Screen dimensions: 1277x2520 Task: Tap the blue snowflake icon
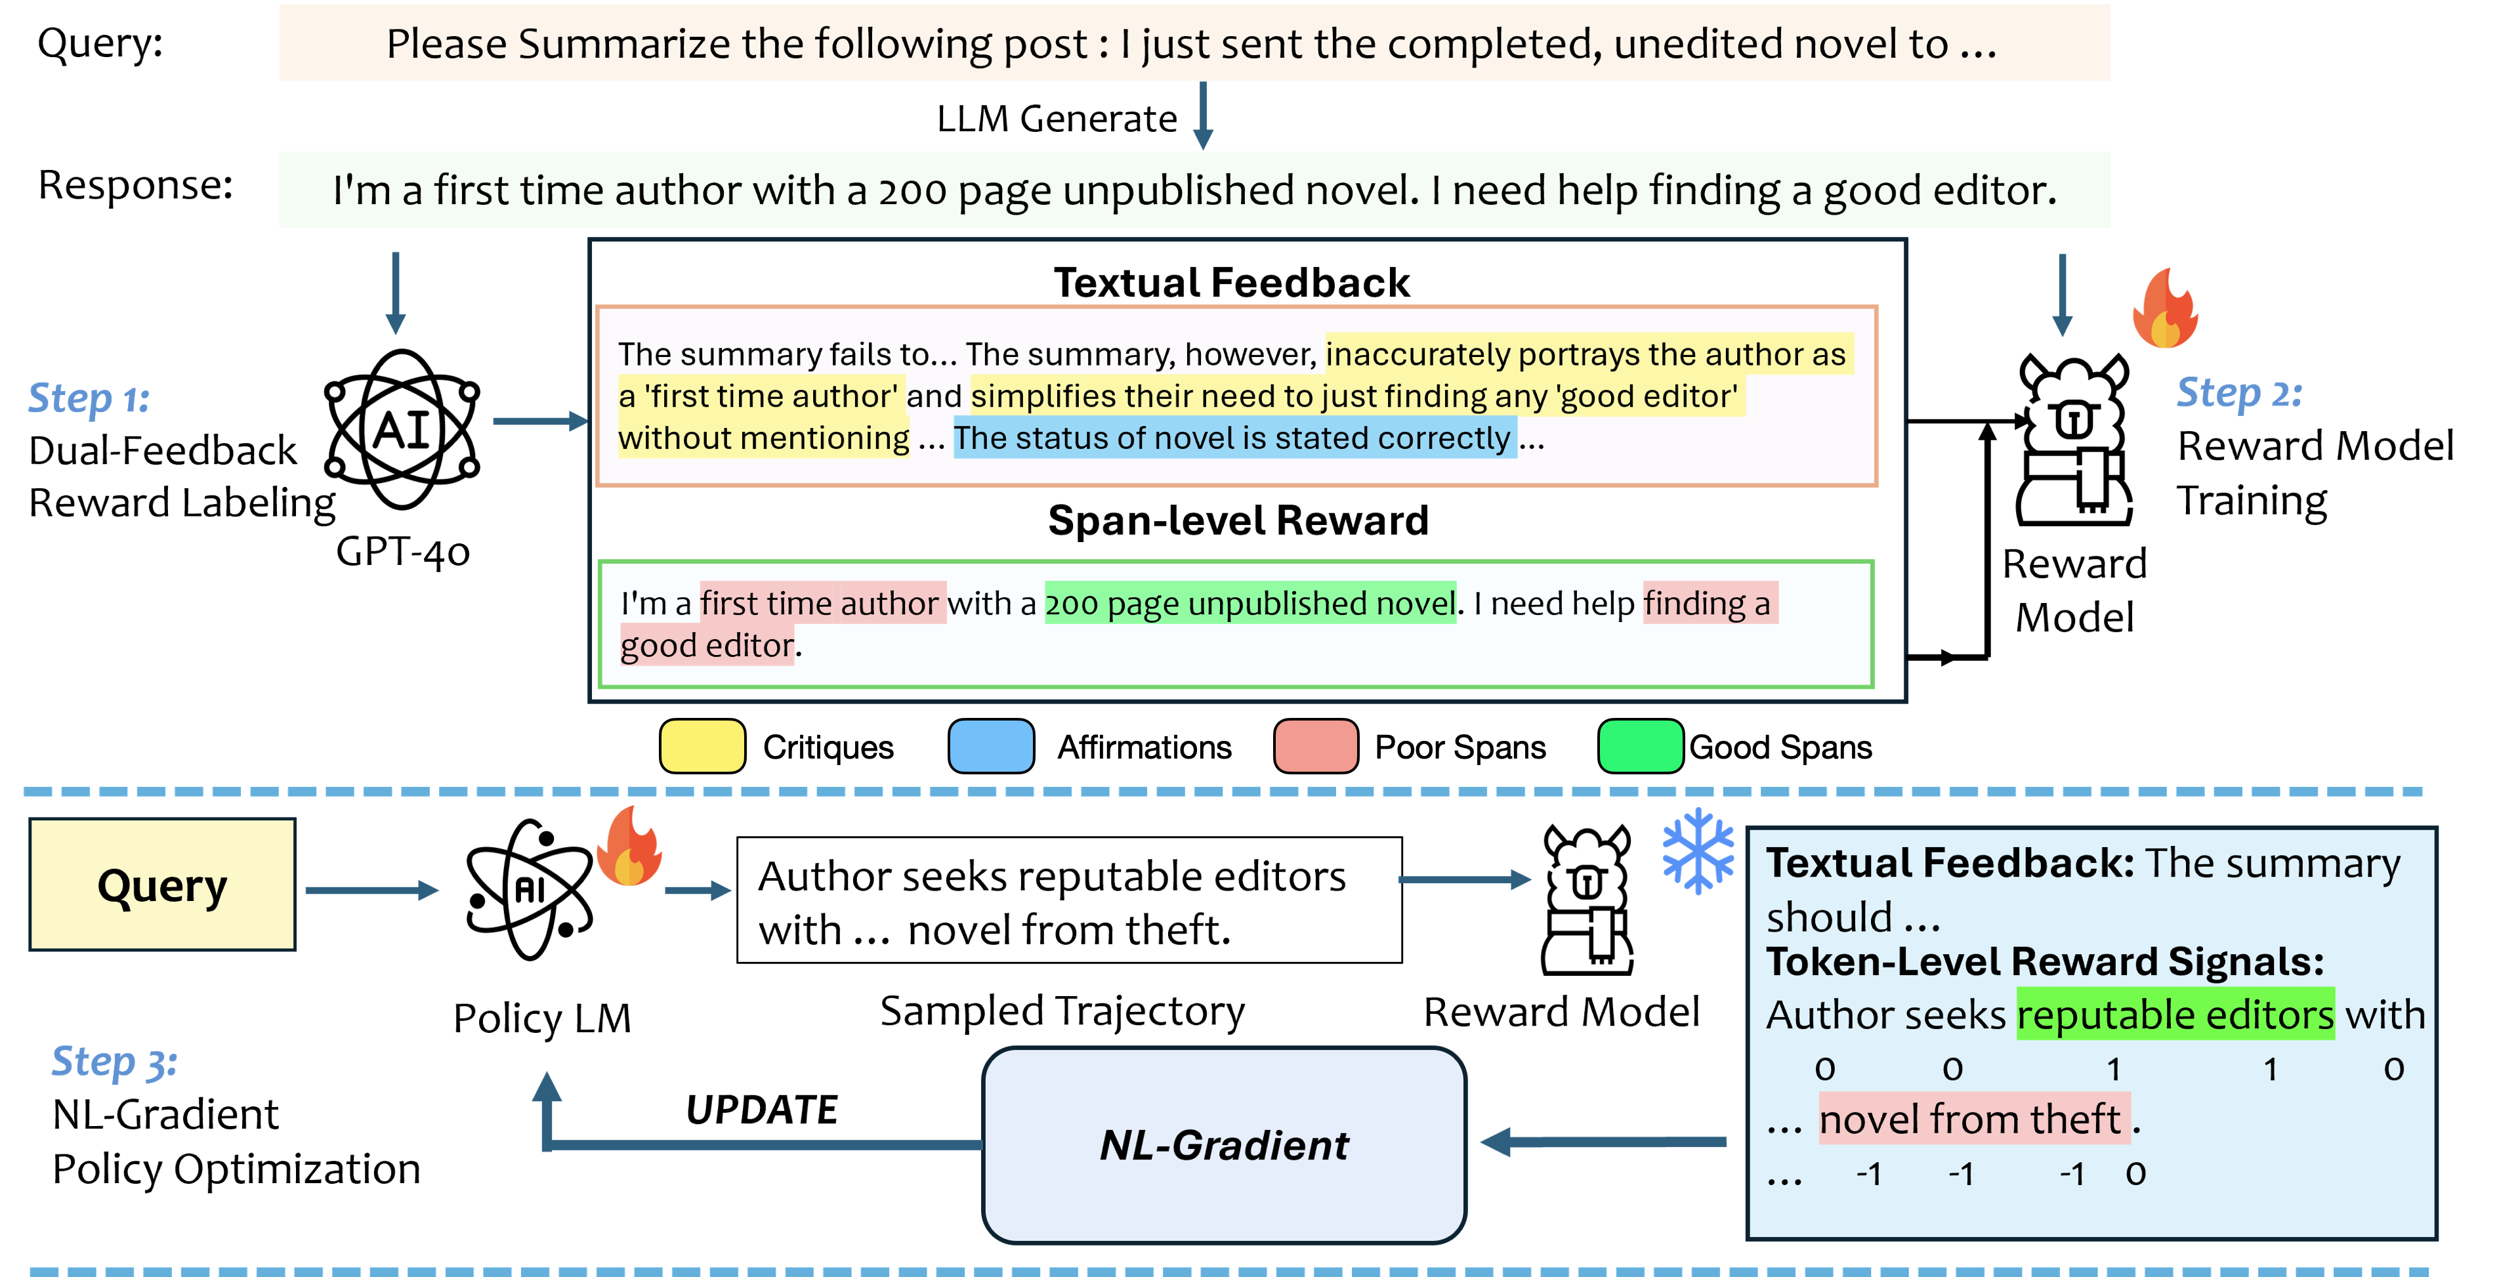coord(1698,850)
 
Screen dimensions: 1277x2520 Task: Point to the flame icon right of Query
coord(629,847)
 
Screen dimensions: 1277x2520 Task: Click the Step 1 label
coord(88,399)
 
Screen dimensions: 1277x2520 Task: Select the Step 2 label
coord(2238,393)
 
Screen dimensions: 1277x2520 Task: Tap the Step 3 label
coord(114,1062)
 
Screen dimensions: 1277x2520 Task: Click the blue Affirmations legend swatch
coord(991,747)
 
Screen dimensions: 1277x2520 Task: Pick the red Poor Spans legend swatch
coord(1316,747)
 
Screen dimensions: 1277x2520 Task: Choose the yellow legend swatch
coord(702,747)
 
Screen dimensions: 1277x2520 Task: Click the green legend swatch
coord(1641,747)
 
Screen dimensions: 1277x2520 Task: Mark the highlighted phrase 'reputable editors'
coord(2175,1015)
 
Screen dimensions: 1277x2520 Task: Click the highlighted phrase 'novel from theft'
coord(1970,1118)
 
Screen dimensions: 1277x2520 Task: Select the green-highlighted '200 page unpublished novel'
coord(1250,603)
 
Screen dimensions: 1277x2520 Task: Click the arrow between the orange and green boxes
coord(1204,114)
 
